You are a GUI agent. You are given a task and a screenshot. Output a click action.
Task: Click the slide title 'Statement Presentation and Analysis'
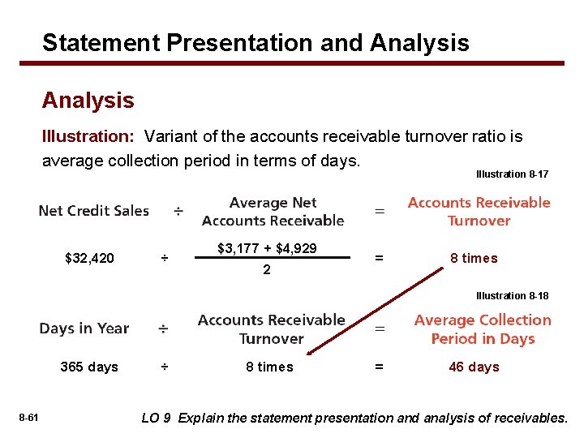pyautogui.click(x=255, y=42)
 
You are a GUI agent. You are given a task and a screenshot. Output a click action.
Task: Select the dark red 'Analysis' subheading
pyautogui.click(x=88, y=101)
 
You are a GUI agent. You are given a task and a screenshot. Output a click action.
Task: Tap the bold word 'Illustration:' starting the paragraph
pyautogui.click(x=89, y=137)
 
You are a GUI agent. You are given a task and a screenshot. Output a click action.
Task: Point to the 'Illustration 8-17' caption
pyautogui.click(x=512, y=174)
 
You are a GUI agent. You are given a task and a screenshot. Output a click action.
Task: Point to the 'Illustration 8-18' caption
pyautogui.click(x=512, y=296)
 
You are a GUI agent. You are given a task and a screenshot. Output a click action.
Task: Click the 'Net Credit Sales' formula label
pyautogui.click(x=94, y=211)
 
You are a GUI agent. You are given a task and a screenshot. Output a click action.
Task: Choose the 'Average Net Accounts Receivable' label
pyautogui.click(x=273, y=212)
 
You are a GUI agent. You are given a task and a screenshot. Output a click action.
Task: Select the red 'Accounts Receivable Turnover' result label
pyautogui.click(x=479, y=212)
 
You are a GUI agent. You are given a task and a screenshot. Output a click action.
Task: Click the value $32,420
pyautogui.click(x=89, y=259)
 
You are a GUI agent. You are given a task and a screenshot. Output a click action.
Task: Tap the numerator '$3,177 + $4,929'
pyautogui.click(x=267, y=248)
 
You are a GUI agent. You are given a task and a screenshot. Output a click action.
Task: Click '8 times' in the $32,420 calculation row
pyautogui.click(x=474, y=258)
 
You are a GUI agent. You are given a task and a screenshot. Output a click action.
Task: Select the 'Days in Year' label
pyautogui.click(x=84, y=328)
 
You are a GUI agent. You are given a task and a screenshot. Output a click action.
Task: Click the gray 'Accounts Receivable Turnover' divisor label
pyautogui.click(x=271, y=329)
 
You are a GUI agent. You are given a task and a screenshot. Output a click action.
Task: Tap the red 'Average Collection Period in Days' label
pyautogui.click(x=482, y=329)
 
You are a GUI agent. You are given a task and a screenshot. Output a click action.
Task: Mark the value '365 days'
pyautogui.click(x=89, y=367)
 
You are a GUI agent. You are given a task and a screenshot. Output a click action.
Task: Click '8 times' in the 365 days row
pyautogui.click(x=269, y=367)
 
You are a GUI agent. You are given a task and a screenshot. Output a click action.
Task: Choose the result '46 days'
pyautogui.click(x=474, y=367)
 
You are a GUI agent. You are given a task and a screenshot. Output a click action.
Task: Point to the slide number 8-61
pyautogui.click(x=28, y=418)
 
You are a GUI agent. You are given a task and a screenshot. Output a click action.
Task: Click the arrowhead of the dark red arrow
pyautogui.click(x=310, y=353)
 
